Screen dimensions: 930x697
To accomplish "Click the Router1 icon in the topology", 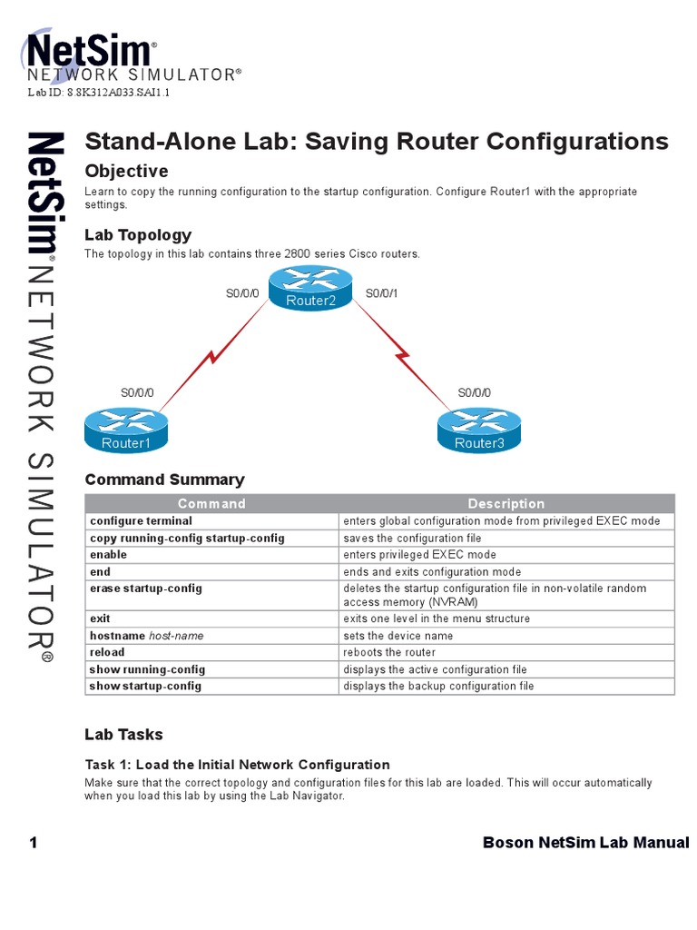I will [126, 429].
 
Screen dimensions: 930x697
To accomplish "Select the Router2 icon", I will [311, 287].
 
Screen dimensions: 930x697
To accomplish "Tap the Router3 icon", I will [479, 429].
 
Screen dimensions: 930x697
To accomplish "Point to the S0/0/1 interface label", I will [381, 293].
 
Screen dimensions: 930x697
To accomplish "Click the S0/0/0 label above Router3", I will [474, 393].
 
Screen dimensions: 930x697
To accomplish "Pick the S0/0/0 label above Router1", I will [137, 393].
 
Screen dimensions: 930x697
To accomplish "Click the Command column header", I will [211, 503].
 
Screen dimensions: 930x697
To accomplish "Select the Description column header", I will [506, 503].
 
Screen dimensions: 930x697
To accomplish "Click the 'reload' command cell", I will [107, 652].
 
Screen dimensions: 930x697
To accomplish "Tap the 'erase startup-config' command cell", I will [145, 589].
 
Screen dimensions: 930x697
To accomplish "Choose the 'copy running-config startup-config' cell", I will [187, 538].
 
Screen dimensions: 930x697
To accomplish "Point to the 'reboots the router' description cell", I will [389, 652].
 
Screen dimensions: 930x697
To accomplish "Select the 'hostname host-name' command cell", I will [146, 636].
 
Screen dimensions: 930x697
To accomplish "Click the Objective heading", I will [126, 171].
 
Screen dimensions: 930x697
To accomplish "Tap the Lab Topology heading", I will [138, 235].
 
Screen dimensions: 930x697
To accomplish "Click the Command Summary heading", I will [164, 480].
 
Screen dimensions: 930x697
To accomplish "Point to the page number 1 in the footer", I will [34, 843].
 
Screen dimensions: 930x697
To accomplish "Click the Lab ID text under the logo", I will [99, 93].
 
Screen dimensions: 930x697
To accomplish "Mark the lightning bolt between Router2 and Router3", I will [403, 349].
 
